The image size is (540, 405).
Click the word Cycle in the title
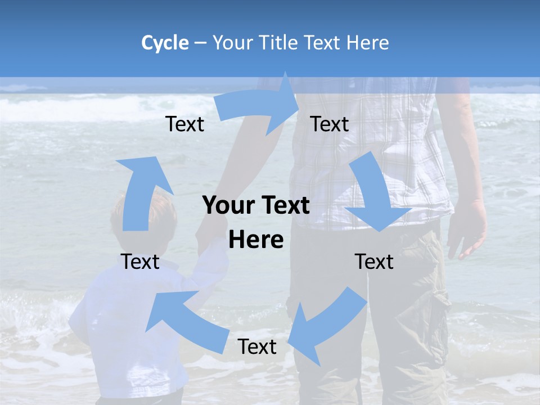(x=165, y=43)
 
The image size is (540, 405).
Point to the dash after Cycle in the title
(x=200, y=43)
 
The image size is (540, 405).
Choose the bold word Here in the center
(x=256, y=240)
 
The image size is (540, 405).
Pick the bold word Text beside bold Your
(x=281, y=206)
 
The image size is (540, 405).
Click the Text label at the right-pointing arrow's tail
(x=184, y=124)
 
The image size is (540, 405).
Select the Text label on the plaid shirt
(x=329, y=124)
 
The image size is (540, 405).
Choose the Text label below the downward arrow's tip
(x=374, y=262)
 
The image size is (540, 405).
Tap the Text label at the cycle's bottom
(x=256, y=347)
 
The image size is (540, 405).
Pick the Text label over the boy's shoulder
(x=140, y=262)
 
